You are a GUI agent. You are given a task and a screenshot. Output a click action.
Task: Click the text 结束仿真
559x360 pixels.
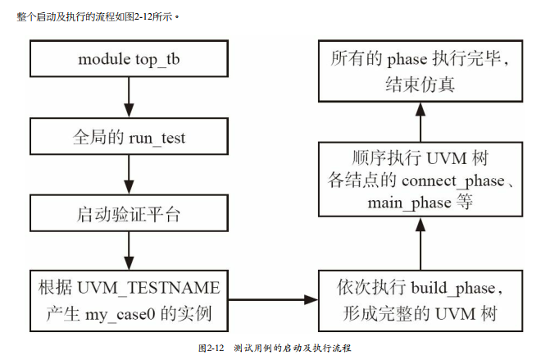click(419, 84)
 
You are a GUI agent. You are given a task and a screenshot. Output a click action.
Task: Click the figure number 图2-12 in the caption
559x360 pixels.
click(211, 349)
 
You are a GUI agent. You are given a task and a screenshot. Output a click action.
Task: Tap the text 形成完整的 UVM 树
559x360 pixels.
click(418, 312)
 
